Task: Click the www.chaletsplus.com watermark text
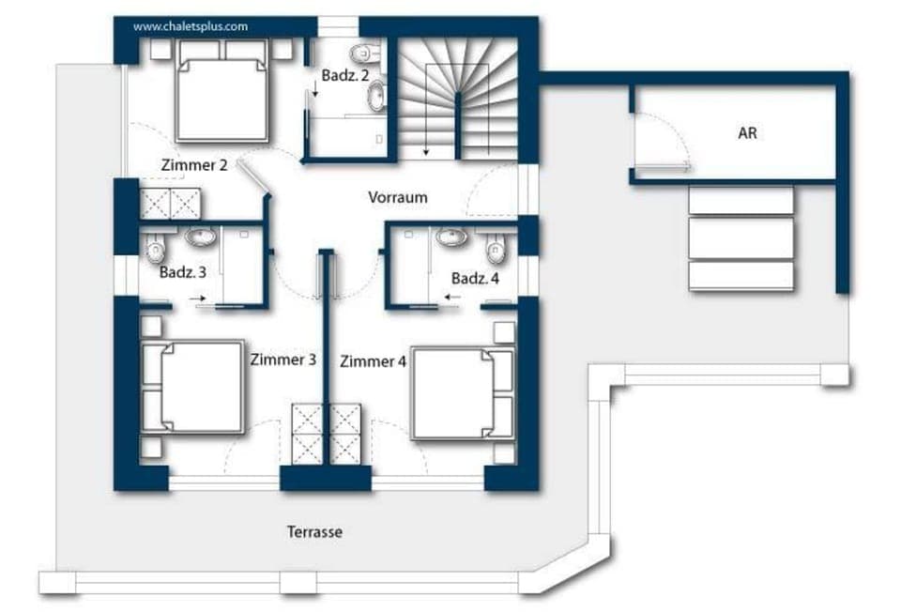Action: point(191,26)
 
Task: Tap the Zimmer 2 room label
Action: point(194,166)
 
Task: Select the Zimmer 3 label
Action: point(283,360)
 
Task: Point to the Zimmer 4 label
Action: point(373,361)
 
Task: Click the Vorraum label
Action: point(397,197)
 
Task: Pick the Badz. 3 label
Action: point(183,273)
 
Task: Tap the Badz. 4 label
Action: point(475,279)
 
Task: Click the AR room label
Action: point(747,133)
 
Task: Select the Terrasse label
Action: point(314,532)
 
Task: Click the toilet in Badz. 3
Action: point(156,249)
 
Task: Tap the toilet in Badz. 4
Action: point(496,250)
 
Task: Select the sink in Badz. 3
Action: point(199,237)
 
